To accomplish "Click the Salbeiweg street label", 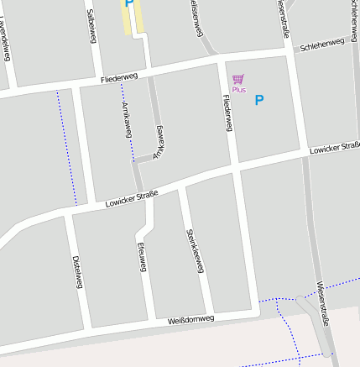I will coord(91,24).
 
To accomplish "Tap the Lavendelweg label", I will coord(5,39).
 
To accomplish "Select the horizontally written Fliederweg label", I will coord(118,78).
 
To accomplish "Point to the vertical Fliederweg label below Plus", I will coord(227,112).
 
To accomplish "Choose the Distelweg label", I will coord(77,271).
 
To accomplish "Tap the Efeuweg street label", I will coord(142,257).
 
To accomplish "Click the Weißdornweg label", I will coord(191,319).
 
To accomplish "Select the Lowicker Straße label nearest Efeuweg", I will coord(132,199).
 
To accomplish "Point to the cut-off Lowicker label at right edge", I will coord(334,148).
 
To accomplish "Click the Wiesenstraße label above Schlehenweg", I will coord(283,18).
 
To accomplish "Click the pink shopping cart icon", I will coord(238,79).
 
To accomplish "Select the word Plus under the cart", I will coord(239,89).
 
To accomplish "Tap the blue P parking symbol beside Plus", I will coord(259,100).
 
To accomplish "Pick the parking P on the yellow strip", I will coord(128,4).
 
